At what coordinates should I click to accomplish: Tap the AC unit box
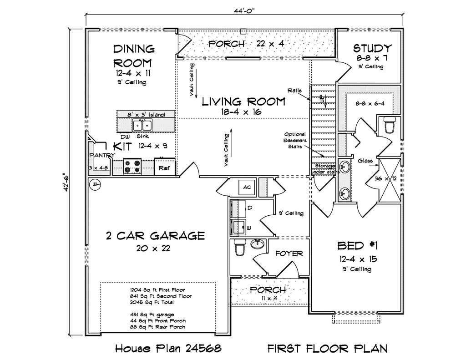click(x=247, y=188)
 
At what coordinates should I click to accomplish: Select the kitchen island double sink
click(x=142, y=126)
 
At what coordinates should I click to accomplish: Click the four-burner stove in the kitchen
click(x=132, y=167)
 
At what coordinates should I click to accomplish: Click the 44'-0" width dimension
click(x=244, y=11)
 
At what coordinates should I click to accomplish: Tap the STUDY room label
click(x=372, y=48)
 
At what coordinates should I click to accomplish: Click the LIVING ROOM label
click(x=244, y=101)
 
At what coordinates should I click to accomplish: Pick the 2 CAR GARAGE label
click(x=156, y=236)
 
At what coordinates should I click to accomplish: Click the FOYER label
click(x=289, y=254)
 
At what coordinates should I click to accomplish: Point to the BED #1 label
click(x=358, y=246)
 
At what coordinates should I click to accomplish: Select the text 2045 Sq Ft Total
click(x=152, y=302)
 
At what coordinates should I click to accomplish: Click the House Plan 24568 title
click(x=168, y=348)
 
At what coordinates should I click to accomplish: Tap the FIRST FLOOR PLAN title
click(x=328, y=348)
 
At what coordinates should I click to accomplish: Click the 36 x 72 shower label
click(x=386, y=179)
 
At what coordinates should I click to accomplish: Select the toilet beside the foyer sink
click(x=239, y=248)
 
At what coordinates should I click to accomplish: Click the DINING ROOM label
click(x=133, y=56)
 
